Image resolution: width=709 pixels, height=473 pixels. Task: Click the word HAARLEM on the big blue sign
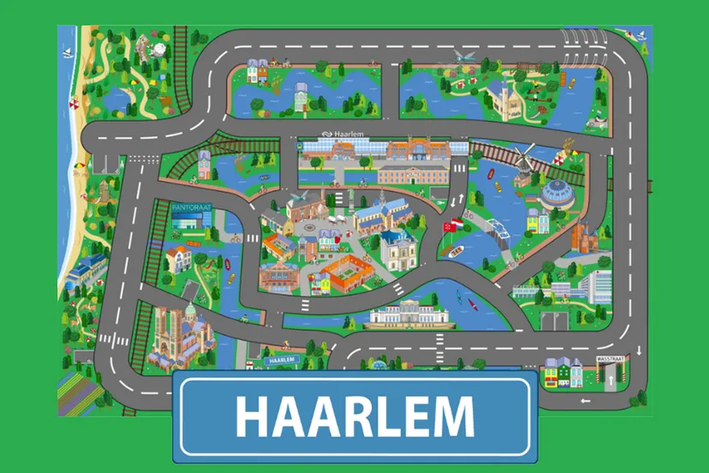(x=354, y=416)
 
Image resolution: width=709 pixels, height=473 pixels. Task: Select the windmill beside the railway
(x=523, y=160)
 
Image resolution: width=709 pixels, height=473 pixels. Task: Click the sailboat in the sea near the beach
(x=67, y=53)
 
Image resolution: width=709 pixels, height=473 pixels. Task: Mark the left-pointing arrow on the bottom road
(x=586, y=400)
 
